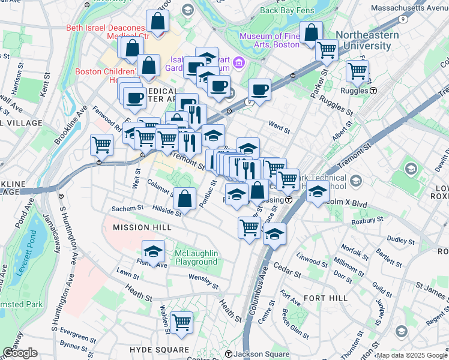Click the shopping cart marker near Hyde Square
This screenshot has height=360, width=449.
pos(181,322)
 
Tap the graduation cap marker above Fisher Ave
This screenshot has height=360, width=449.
pos(154,251)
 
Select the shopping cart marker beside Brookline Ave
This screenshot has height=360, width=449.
pos(102,145)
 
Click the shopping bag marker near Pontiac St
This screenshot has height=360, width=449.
pos(185,197)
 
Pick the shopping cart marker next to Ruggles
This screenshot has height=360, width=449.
pos(357,71)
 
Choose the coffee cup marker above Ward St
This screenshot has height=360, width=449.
pos(259,90)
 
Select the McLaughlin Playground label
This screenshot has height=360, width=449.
pos(196,257)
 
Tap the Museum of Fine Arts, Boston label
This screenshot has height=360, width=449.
pos(270,40)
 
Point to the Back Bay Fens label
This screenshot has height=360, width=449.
pos(288,10)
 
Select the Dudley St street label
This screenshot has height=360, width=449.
pos(397,239)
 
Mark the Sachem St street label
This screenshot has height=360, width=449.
pos(127,209)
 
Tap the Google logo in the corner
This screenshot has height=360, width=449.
pos(20,353)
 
